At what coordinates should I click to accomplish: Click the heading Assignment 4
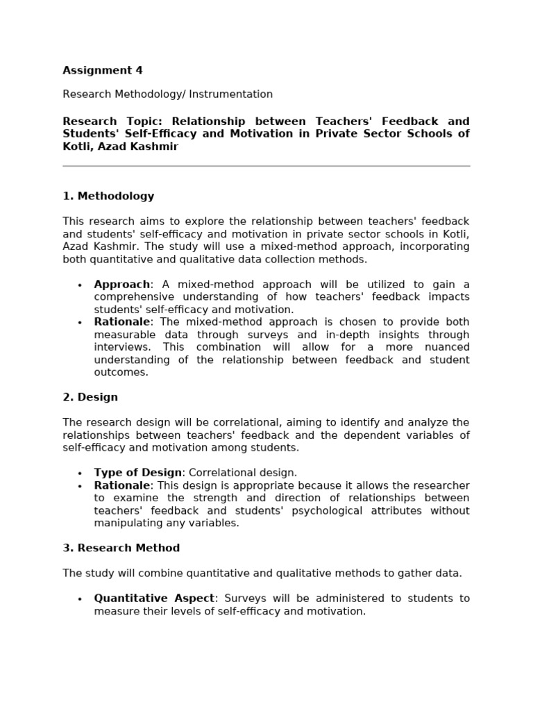click(x=103, y=70)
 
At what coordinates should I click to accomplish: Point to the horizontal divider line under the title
click(x=266, y=166)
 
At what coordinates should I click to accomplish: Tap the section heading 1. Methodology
click(x=108, y=196)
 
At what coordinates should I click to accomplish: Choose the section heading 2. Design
click(x=90, y=397)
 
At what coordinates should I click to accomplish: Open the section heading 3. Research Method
click(x=121, y=548)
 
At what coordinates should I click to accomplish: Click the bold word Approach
click(x=121, y=285)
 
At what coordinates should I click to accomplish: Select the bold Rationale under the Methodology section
click(x=121, y=322)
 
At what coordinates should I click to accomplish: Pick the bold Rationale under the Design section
click(x=121, y=485)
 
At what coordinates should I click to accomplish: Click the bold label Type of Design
click(x=137, y=473)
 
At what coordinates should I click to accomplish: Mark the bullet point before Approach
click(x=80, y=285)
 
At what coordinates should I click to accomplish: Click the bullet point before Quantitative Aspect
click(x=80, y=599)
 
